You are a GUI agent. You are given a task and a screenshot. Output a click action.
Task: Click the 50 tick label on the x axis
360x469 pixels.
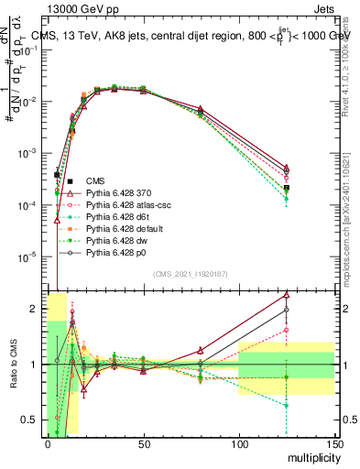143,443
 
